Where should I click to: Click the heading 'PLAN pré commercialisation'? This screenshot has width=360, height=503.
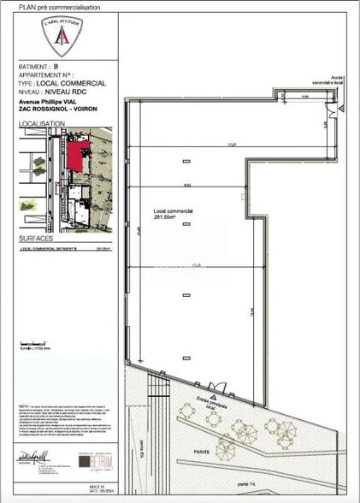pos(59,7)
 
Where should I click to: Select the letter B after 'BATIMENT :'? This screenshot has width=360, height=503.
pos(56,65)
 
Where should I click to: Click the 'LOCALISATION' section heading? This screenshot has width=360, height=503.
pos(42,124)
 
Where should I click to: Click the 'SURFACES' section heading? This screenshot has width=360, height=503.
pos(36,240)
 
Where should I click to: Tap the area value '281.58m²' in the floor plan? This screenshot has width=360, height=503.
pos(164,217)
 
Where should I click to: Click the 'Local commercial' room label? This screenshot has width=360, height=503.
pos(173,210)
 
